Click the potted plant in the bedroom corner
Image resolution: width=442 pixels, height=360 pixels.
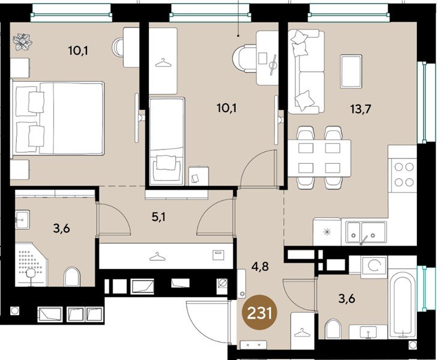click(x=25, y=42)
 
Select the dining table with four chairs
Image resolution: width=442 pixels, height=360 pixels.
click(x=319, y=157)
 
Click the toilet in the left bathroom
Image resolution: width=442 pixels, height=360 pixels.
click(x=71, y=277)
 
